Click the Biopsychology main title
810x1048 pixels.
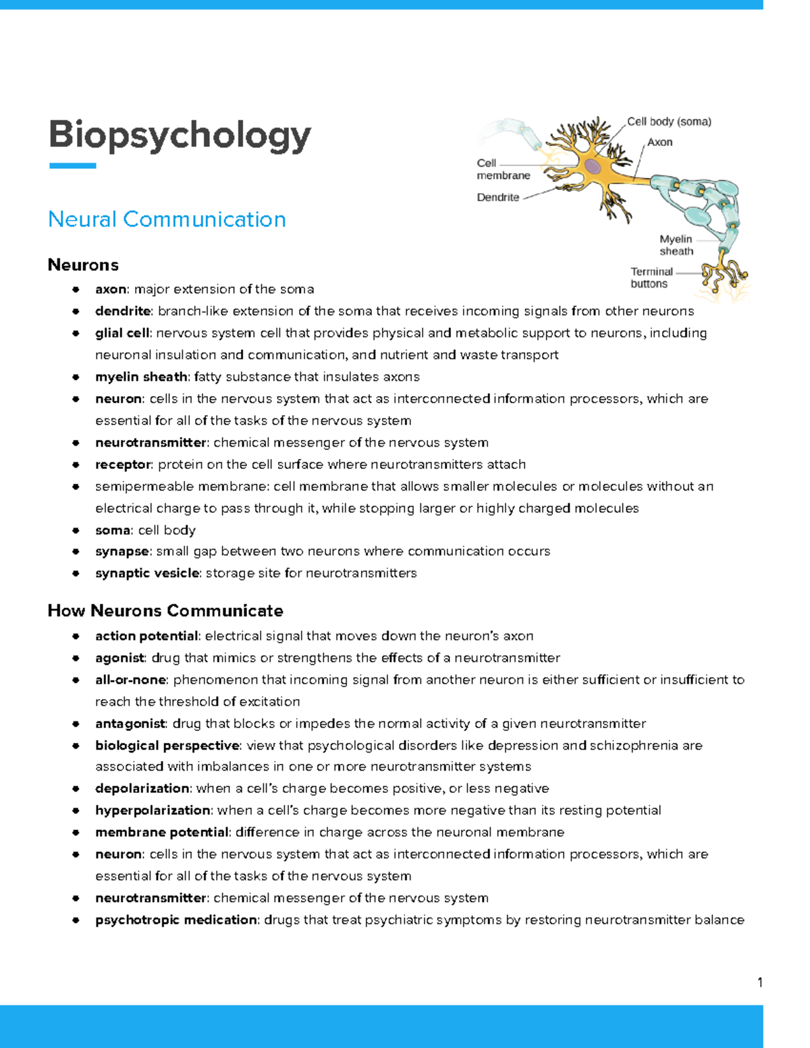click(x=180, y=135)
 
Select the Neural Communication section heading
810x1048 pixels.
click(x=167, y=219)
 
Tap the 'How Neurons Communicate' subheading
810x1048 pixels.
click(x=165, y=611)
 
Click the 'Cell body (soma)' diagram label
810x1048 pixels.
click(x=669, y=121)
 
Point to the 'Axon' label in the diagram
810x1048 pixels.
click(x=659, y=142)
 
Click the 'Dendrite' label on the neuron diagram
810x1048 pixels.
click(x=497, y=198)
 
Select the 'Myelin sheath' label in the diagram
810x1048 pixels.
click(x=676, y=245)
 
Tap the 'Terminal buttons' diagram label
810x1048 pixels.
click(x=651, y=277)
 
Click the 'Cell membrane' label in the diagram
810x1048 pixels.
click(x=503, y=169)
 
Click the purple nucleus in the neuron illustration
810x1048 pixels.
click(x=593, y=166)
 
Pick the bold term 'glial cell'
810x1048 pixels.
click(x=122, y=333)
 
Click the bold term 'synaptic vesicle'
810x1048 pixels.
click(x=148, y=573)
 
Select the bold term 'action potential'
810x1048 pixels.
click(x=146, y=636)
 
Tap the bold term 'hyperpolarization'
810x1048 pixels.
click(x=153, y=810)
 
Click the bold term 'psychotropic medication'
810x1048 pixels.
click(x=175, y=920)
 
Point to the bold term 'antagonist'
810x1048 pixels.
click(x=130, y=723)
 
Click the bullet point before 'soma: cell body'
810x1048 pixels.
click(x=76, y=530)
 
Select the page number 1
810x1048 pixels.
click(x=760, y=983)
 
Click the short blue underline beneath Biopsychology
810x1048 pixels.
click(x=72, y=165)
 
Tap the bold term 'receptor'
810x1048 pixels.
click(x=123, y=464)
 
